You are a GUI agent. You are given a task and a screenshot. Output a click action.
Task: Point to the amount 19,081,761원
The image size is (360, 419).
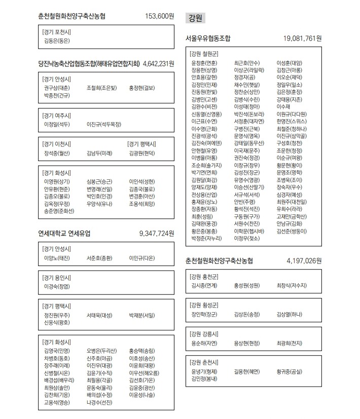[302, 38]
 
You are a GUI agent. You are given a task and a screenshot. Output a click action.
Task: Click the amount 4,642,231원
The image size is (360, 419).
[159, 64]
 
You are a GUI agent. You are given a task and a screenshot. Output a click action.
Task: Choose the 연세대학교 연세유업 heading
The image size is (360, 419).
[64, 234]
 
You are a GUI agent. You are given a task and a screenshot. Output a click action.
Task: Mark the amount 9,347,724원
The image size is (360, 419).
[156, 234]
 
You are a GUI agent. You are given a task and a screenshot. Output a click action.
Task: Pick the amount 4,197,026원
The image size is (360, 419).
[304, 261]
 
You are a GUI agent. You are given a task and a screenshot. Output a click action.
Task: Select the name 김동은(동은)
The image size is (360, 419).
[57, 41]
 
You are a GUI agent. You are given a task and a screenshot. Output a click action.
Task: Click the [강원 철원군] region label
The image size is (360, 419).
[203, 54]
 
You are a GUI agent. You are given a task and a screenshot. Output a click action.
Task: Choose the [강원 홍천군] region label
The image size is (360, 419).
[203, 277]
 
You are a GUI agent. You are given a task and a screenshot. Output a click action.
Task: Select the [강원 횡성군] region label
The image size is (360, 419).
[203, 305]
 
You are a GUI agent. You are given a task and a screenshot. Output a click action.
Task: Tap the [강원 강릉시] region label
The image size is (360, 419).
[203, 334]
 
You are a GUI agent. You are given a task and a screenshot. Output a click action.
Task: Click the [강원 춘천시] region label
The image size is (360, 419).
[203, 362]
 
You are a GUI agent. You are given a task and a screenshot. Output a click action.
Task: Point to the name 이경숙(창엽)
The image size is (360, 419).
[57, 286]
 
